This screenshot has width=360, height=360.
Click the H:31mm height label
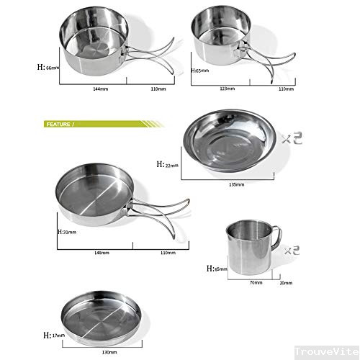click(x=67, y=232)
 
